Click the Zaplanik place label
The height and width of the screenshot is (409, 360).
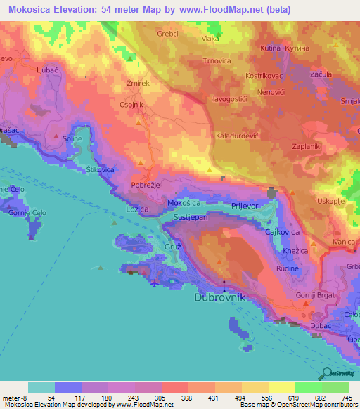coord(306,148)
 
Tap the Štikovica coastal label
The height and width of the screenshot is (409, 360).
coord(100,170)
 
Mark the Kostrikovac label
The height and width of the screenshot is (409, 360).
coord(264,74)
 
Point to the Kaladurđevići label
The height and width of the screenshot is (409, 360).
coord(238,134)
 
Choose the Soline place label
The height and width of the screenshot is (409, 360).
coord(72,138)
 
